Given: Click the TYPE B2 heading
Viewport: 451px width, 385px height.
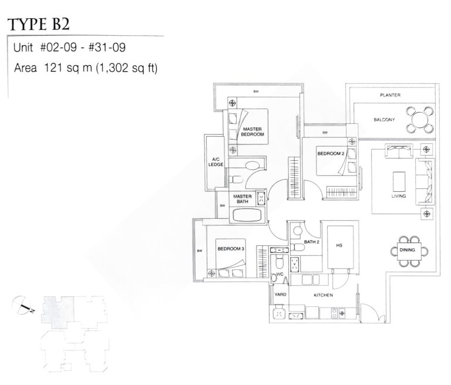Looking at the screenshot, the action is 39,24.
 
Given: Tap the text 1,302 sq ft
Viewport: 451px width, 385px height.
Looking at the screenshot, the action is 127,68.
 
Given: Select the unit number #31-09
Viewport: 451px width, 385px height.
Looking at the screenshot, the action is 107,48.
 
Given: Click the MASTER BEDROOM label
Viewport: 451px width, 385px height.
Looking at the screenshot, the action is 253,131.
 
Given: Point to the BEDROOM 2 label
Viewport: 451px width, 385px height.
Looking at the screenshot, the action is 331,154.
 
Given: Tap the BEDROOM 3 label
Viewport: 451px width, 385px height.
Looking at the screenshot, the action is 231,249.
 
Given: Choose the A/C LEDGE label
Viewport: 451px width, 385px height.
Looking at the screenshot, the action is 216,162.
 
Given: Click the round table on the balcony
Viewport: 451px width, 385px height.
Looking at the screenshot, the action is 420,120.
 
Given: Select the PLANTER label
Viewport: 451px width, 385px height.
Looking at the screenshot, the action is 390,95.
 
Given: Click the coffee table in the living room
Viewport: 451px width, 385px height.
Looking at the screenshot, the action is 399,181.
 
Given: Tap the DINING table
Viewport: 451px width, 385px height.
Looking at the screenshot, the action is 409,251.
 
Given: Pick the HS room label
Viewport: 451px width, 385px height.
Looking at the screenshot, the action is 339,245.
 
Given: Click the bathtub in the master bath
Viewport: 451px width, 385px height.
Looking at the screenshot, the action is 247,215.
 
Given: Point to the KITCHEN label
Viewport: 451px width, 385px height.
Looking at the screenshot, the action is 324,295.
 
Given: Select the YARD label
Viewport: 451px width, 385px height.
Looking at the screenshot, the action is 280,295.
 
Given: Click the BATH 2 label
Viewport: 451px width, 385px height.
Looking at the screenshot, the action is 311,242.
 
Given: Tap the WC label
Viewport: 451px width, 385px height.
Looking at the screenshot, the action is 280,274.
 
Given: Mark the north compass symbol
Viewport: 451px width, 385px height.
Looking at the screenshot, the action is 22,305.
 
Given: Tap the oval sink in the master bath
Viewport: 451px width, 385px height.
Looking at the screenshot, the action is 253,166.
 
